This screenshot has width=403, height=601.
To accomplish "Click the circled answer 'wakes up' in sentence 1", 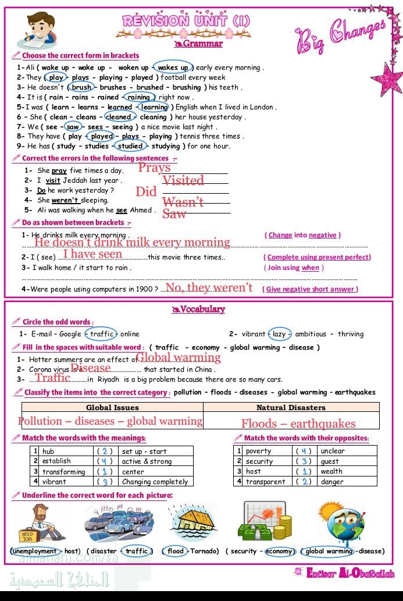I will tap(173, 67).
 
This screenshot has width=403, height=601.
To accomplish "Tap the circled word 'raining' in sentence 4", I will tap(139, 97).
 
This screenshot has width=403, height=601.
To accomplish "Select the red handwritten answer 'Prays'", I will tap(154, 168).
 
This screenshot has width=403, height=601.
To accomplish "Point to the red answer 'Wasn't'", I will tap(183, 202).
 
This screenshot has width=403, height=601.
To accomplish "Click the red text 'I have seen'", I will tap(93, 254).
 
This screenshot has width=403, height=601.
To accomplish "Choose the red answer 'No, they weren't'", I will tap(209, 287).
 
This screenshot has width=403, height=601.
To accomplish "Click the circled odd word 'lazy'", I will tap(280, 334).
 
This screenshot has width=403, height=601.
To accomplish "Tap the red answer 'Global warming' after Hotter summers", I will tap(178, 357).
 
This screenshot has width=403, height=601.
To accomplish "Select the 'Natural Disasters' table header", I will tap(291, 408).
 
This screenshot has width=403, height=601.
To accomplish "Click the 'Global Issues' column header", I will tap(112, 408).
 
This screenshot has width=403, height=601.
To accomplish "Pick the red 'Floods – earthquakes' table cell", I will tap(298, 424).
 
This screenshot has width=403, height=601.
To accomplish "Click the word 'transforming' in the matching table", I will tap(63, 472).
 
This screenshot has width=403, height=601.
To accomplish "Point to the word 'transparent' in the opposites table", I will tap(265, 482).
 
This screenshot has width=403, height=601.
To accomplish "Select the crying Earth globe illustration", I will tap(341, 521).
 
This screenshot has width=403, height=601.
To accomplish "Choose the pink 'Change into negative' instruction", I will tap(302, 235).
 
